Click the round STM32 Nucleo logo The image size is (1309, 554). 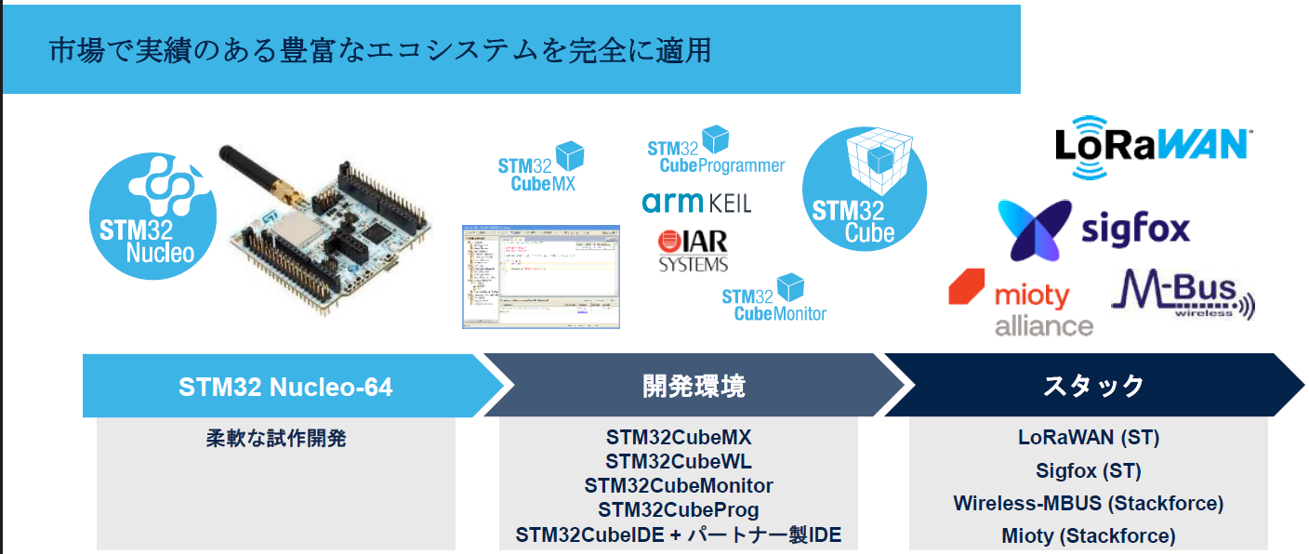click(x=152, y=216)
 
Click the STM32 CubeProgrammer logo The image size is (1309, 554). click(x=715, y=152)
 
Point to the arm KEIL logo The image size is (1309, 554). click(x=696, y=202)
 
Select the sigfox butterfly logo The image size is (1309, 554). click(x=1093, y=229)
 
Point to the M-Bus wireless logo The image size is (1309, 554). click(x=1183, y=294)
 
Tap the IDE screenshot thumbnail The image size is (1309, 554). click(x=540, y=275)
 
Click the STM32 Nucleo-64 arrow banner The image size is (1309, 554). click(x=285, y=386)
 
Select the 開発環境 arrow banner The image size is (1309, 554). click(x=694, y=386)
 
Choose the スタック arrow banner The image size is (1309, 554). click(x=1093, y=386)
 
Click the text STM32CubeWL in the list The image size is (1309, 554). click(x=679, y=461)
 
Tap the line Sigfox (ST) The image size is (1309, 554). click(x=1088, y=470)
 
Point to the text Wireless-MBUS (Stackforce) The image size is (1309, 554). click(x=1088, y=503)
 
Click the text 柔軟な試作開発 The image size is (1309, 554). click(x=276, y=438)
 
